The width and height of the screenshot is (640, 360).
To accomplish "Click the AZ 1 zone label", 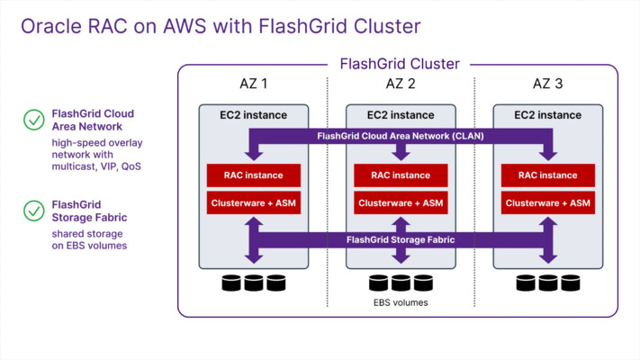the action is pyautogui.click(x=254, y=84).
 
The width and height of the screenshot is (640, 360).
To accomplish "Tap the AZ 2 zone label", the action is pyautogui.click(x=401, y=84).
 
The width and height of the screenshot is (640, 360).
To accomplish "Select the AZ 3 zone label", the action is pyautogui.click(x=548, y=84).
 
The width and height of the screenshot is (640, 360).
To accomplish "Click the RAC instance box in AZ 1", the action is pyautogui.click(x=254, y=175).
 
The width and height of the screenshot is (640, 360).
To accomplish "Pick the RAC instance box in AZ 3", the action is pyautogui.click(x=548, y=175).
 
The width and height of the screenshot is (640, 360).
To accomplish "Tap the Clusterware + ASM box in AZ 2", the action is pyautogui.click(x=401, y=202).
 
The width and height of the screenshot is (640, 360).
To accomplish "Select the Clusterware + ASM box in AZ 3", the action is pyautogui.click(x=548, y=202).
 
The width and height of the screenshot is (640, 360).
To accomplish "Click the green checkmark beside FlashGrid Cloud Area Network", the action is pyautogui.click(x=34, y=120).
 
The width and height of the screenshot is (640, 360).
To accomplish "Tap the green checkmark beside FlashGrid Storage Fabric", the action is pyautogui.click(x=34, y=211).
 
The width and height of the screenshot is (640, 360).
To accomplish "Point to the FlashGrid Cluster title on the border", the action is pyautogui.click(x=400, y=64).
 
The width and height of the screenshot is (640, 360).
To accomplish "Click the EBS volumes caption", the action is pyautogui.click(x=401, y=302).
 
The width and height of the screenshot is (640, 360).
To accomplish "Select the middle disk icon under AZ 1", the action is pyautogui.click(x=254, y=283).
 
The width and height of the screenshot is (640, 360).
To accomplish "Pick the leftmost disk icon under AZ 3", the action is pyautogui.click(x=526, y=283).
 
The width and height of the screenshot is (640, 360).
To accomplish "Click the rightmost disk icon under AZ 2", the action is pyautogui.click(x=423, y=283).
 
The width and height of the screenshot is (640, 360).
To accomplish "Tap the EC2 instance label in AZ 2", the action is pyautogui.click(x=401, y=115).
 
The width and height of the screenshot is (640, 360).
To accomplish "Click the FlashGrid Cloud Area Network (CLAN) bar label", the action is pyautogui.click(x=401, y=136).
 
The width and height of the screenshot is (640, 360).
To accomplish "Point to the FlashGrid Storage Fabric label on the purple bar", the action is pyautogui.click(x=401, y=239).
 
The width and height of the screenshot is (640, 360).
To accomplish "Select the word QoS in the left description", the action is pyautogui.click(x=131, y=166).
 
